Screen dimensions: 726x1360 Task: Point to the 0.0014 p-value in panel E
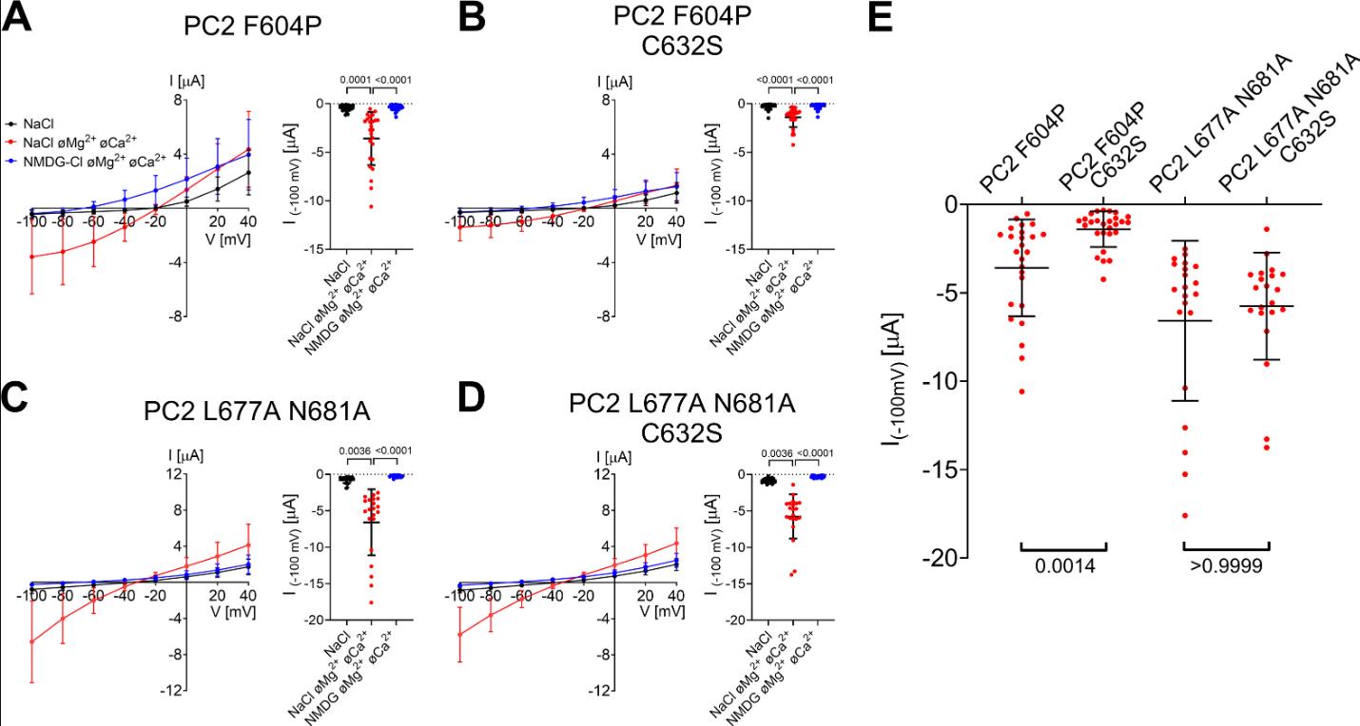click(x=1062, y=566)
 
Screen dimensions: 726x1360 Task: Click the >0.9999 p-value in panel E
click(x=1226, y=566)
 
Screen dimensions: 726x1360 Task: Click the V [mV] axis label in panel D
click(x=661, y=610)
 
